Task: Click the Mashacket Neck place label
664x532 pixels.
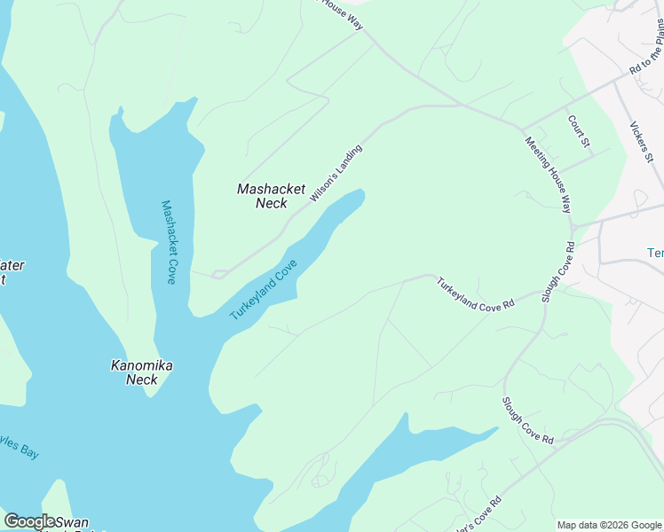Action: [x=271, y=196]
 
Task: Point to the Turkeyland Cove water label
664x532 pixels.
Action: [x=263, y=290]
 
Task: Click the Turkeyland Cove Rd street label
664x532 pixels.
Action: [x=475, y=293]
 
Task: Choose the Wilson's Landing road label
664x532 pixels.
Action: [x=336, y=174]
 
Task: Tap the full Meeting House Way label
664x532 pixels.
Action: [x=548, y=175]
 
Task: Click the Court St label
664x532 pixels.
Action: [x=579, y=129]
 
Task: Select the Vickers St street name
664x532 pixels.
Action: [x=640, y=142]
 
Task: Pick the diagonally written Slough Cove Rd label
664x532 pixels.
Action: [x=528, y=421]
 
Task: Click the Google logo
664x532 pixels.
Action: [x=29, y=521]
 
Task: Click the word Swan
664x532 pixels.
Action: [x=70, y=523]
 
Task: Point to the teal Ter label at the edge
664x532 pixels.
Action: [x=655, y=253]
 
